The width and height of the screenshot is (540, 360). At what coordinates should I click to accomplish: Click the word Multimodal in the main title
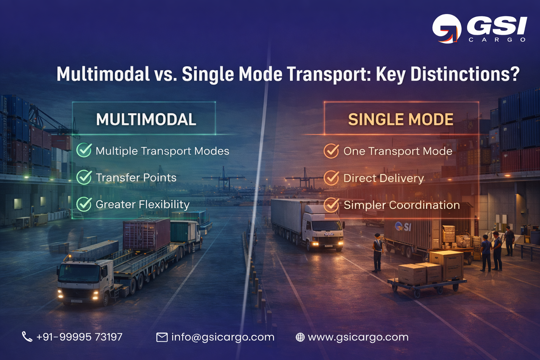point(103,74)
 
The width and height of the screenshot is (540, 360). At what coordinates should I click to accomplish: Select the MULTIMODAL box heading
point(146,120)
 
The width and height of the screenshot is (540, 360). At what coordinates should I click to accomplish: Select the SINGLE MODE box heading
point(400,120)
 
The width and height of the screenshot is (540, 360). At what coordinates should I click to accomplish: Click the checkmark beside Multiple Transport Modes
point(84,150)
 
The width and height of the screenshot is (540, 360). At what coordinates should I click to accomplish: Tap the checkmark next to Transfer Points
point(84,177)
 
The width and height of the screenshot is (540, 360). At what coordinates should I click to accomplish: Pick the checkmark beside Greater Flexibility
point(84,204)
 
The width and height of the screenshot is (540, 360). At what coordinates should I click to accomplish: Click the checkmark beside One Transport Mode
point(331,151)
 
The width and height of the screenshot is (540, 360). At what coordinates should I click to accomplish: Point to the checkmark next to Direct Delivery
point(331,178)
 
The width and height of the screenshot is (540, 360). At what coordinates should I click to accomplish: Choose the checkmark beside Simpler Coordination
point(331,205)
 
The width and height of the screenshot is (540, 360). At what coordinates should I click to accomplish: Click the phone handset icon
point(27,337)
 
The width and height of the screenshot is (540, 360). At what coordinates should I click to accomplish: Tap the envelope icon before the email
point(162,337)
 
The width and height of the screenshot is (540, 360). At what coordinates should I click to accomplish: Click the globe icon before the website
point(300,337)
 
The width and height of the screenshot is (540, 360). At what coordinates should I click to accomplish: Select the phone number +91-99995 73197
point(79,337)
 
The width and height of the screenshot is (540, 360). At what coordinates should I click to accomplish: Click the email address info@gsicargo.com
point(223,337)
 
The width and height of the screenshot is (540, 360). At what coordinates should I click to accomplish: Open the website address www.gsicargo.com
point(358,337)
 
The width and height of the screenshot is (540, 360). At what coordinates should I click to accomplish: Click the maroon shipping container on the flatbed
point(146,234)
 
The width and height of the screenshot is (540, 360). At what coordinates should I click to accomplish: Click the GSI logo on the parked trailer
point(403,227)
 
